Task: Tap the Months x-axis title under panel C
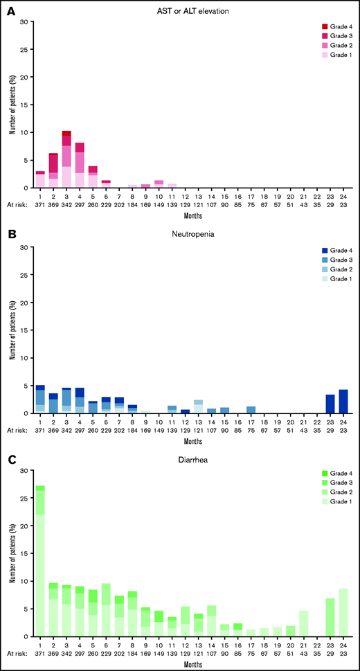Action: click(192, 663)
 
